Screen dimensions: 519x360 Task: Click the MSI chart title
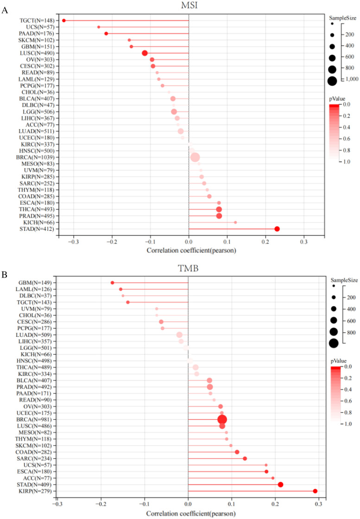coord(189,6)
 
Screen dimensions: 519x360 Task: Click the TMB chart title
coord(188,268)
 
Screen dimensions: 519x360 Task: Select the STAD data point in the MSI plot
coord(277,229)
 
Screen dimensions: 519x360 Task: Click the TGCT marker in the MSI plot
coord(64,20)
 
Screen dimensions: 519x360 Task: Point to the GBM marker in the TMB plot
coord(113,283)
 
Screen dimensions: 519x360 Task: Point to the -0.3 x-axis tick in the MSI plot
coord(74,242)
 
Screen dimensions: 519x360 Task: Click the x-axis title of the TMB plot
coord(191,514)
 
